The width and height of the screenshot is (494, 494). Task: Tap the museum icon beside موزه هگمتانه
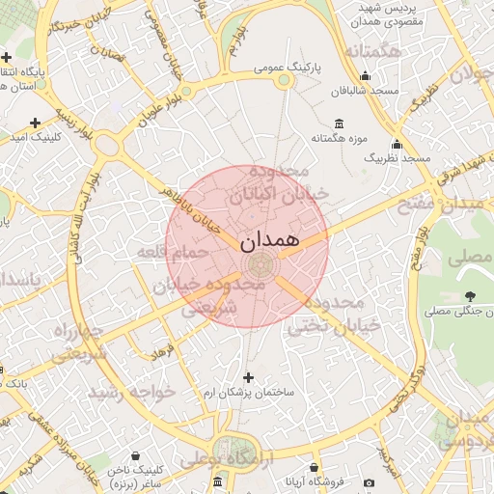(x=339, y=123)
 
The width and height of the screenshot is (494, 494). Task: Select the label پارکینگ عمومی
(x=287, y=68)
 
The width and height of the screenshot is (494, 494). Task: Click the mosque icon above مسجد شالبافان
(x=365, y=77)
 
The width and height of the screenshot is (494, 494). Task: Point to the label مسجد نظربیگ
(x=403, y=157)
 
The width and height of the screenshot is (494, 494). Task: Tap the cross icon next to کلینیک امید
(x=36, y=123)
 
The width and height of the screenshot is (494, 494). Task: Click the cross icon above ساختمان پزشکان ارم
(x=249, y=377)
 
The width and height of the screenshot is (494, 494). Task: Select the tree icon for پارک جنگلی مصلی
(x=470, y=295)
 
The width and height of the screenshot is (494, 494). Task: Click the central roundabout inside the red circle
(x=259, y=263)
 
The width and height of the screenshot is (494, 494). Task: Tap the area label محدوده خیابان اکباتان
(x=279, y=182)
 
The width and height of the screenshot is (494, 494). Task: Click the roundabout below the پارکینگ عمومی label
(x=284, y=83)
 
